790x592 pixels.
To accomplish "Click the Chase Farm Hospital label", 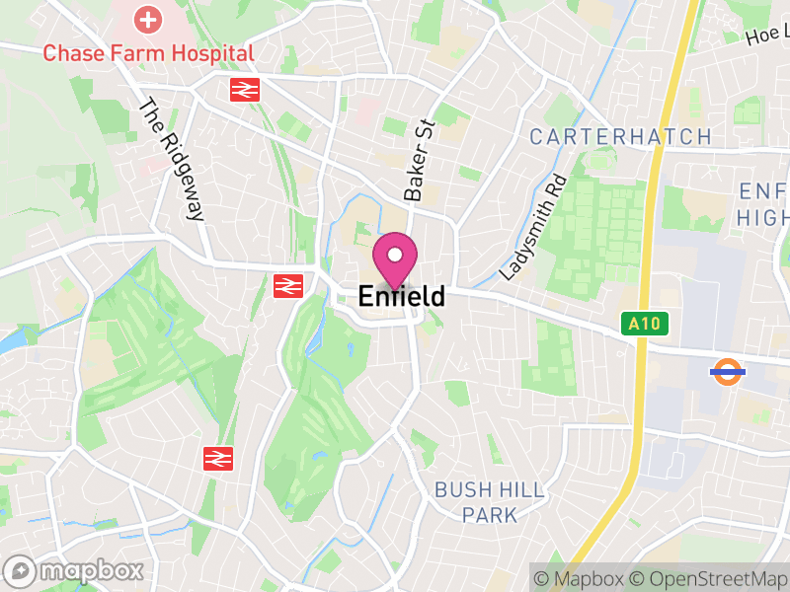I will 148,52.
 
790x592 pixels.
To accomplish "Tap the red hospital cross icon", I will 148,19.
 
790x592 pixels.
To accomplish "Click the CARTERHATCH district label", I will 620,137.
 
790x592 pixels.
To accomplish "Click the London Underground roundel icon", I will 727,372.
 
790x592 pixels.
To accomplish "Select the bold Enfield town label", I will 401,296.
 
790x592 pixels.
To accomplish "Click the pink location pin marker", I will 395,259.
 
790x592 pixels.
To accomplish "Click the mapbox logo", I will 75,570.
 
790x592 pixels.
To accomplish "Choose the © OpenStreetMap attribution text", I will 708,578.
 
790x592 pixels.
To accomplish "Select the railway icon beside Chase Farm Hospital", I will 244,90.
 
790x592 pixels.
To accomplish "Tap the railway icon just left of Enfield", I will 287,286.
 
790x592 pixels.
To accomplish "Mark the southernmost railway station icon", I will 217,459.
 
